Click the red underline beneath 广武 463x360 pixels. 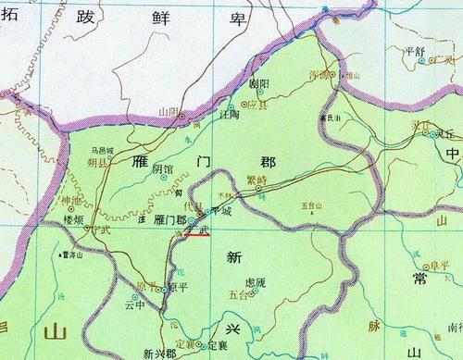194,235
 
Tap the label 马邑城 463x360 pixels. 102,149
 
